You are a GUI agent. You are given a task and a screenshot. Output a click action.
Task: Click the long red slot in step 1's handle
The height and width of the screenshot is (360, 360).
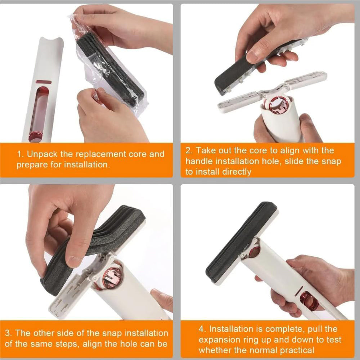39,112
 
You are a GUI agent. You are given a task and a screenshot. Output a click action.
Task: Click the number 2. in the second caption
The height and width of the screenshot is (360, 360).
189,150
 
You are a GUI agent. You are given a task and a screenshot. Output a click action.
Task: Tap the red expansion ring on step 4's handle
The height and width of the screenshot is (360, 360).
309,301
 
